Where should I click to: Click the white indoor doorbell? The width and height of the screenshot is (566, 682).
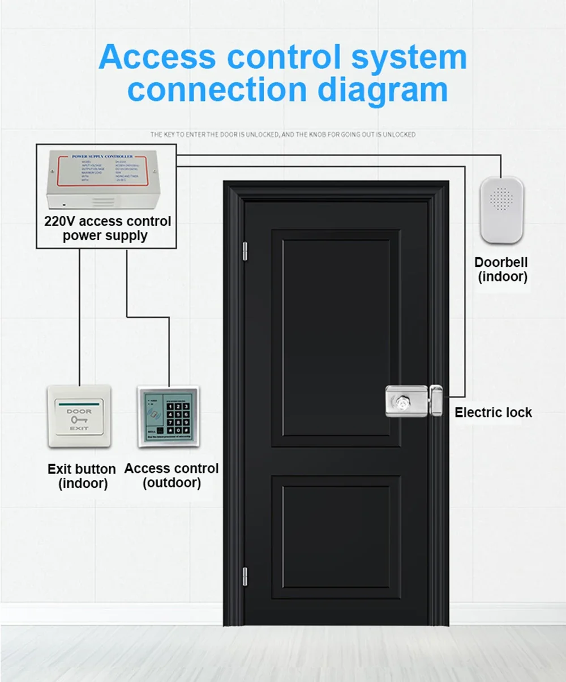pyautogui.click(x=501, y=210)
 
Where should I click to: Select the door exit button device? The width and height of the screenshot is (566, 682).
pyautogui.click(x=79, y=417)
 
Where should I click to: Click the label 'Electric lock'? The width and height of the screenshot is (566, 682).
pyautogui.click(x=493, y=412)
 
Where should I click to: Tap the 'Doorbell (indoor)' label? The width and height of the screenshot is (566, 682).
pyautogui.click(x=501, y=270)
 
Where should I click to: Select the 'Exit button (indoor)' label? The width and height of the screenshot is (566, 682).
pyautogui.click(x=82, y=476)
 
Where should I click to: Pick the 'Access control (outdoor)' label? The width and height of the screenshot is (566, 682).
pyautogui.click(x=171, y=476)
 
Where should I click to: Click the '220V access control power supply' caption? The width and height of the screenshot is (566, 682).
pyautogui.click(x=108, y=228)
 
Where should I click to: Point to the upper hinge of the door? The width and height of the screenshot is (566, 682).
pyautogui.click(x=245, y=251)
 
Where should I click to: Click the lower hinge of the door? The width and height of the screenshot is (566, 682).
pyautogui.click(x=245, y=576)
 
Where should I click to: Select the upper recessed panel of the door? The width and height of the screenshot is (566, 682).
pyautogui.click(x=335, y=338)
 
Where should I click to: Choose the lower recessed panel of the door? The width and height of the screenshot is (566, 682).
pyautogui.click(x=335, y=537)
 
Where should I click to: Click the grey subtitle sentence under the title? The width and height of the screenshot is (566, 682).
pyautogui.click(x=283, y=135)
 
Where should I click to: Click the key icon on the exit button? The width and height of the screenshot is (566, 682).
pyautogui.click(x=79, y=420)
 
